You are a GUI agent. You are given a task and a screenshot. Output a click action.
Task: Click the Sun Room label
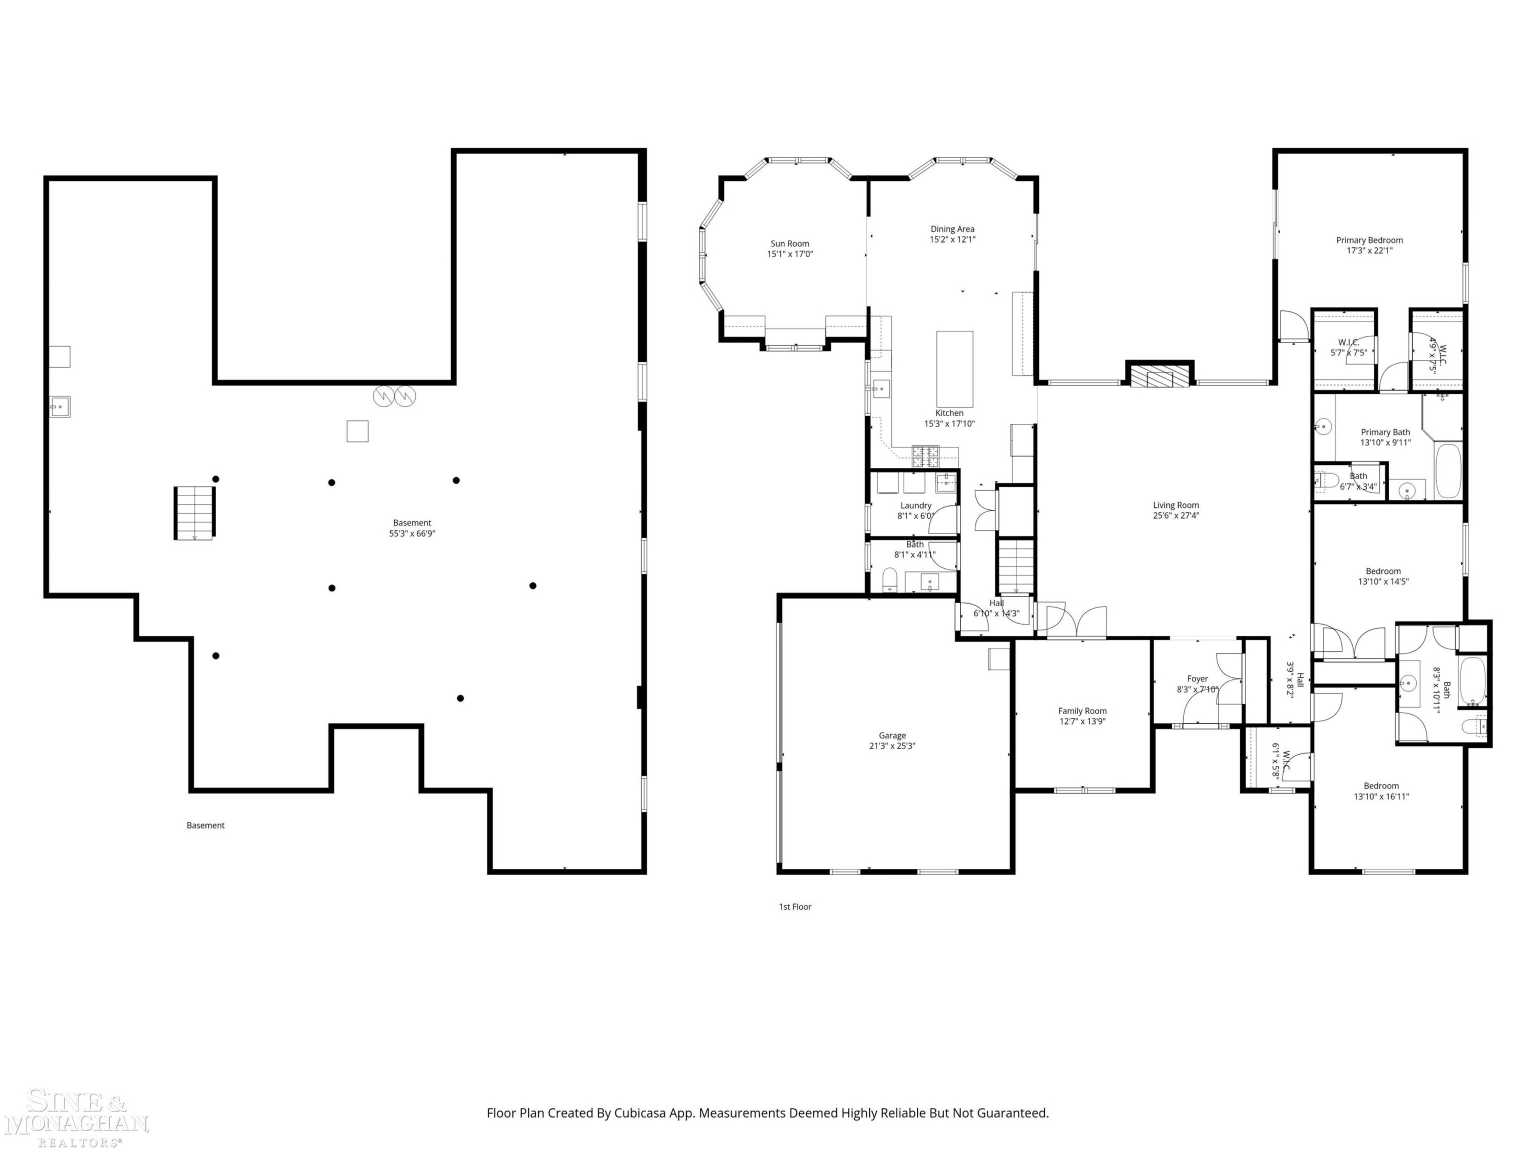[x=790, y=244]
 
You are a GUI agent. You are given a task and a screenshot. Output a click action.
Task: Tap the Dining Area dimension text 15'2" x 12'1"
[x=953, y=240]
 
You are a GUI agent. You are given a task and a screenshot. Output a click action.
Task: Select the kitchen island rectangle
[x=955, y=369]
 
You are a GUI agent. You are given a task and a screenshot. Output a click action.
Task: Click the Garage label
[x=892, y=735]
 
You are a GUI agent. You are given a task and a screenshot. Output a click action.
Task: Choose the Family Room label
[x=1082, y=711]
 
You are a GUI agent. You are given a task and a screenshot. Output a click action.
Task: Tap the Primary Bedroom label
[x=1370, y=240]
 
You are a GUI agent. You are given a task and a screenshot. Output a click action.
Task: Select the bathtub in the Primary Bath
[x=1448, y=471]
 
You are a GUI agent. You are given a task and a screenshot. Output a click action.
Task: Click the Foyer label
[x=1198, y=679]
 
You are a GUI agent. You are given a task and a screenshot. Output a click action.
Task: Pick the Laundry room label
[x=916, y=505]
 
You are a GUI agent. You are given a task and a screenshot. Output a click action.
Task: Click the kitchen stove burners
[x=925, y=456]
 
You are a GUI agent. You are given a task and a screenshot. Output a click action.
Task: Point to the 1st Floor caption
[x=795, y=907]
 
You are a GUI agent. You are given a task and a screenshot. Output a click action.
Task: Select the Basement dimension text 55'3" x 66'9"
[x=413, y=534]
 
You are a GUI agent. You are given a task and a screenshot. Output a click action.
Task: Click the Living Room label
[x=1176, y=505]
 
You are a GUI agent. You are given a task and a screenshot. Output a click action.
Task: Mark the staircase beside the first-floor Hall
[x=1016, y=566]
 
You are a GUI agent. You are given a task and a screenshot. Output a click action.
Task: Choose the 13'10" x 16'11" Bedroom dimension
[x=1381, y=797]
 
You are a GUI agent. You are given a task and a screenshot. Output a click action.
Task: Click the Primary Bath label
[x=1385, y=432]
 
